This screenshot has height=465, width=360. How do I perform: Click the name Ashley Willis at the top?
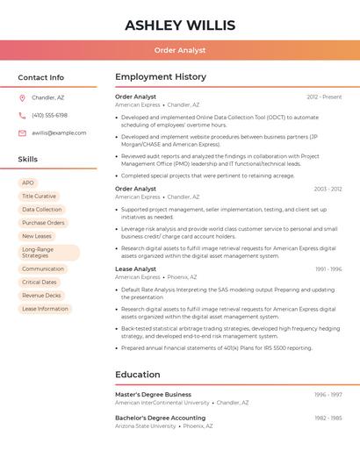(x=180, y=25)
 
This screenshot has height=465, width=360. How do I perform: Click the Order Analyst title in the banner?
(x=180, y=50)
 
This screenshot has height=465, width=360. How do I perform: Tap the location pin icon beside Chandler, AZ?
(x=22, y=98)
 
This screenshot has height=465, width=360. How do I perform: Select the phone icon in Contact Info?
(x=22, y=116)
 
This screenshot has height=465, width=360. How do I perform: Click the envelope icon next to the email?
(x=22, y=133)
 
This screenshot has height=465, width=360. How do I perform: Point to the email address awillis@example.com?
(x=59, y=133)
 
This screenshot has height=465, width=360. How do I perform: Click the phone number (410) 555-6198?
(x=49, y=116)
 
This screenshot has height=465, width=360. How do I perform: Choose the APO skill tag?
(x=28, y=182)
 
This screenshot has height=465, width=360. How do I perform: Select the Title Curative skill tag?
(x=39, y=197)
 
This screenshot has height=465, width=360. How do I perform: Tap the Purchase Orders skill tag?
(x=43, y=223)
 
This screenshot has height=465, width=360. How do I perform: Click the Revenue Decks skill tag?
(x=41, y=296)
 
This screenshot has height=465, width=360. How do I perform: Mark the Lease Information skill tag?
(x=45, y=309)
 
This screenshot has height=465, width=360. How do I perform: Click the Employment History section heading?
(x=161, y=77)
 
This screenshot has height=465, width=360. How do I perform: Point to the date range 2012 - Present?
(x=324, y=97)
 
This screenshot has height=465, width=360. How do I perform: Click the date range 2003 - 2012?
(x=328, y=189)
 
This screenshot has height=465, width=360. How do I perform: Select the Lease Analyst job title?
(x=135, y=269)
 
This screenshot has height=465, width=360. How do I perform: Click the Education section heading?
(x=138, y=375)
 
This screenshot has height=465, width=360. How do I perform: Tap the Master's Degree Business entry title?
(x=153, y=395)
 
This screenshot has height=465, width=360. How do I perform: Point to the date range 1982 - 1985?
(x=328, y=418)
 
